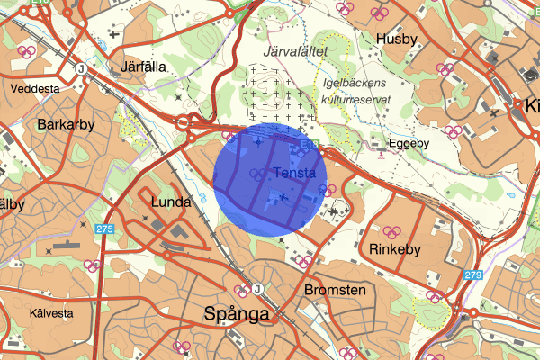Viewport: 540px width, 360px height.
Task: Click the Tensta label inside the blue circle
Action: coord(292,172)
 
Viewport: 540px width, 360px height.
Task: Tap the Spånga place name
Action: coord(237,314)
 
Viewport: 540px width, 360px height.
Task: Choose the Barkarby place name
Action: coord(66,124)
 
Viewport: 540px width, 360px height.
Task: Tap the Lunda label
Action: coord(170,202)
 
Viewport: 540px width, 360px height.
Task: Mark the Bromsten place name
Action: coord(334,290)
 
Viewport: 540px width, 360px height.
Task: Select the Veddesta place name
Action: coord(36,90)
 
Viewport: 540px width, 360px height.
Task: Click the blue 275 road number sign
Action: coord(104,229)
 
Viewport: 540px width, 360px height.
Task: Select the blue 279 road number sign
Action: coord(474,274)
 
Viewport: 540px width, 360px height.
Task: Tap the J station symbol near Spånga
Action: coord(258,289)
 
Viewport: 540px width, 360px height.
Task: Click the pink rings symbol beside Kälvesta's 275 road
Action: coord(91,265)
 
